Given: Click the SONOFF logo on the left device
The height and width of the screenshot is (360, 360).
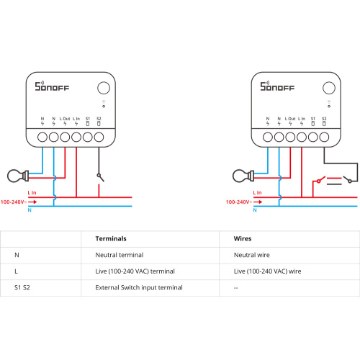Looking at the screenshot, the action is pyautogui.click(x=52, y=86).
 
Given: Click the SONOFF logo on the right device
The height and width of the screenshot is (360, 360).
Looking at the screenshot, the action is pyautogui.click(x=277, y=86).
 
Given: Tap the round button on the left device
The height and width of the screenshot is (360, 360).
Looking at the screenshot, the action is pyautogui.click(x=104, y=88).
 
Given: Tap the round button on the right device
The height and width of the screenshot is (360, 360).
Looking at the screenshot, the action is pyautogui.click(x=329, y=88).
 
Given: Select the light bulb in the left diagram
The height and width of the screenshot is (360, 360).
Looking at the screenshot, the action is pyautogui.click(x=18, y=176).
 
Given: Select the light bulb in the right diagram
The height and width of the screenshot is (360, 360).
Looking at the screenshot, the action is pyautogui.click(x=243, y=176).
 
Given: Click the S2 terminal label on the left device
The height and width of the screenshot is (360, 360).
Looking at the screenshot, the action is pyautogui.click(x=99, y=119).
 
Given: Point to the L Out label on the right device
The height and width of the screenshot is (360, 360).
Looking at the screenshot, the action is pyautogui.click(x=290, y=119).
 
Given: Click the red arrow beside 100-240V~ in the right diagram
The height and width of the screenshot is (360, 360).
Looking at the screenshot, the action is pyautogui.click(x=258, y=202).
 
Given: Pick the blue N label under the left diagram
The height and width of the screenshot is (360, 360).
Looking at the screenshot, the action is pyautogui.click(x=30, y=210).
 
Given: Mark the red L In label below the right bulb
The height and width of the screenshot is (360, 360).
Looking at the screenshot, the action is pyautogui.click(x=257, y=193).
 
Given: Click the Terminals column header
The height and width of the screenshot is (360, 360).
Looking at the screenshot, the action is pyautogui.click(x=111, y=238).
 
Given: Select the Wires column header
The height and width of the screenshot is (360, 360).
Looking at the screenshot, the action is pyautogui.click(x=243, y=238).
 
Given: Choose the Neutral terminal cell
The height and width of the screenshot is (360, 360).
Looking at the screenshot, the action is pyautogui.click(x=120, y=255).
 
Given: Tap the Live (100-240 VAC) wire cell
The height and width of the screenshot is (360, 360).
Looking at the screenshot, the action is pyautogui.click(x=267, y=271).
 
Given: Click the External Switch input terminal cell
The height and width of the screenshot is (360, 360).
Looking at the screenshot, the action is pyautogui.click(x=139, y=287).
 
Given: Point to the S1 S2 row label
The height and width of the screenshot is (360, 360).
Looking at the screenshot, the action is pyautogui.click(x=22, y=287).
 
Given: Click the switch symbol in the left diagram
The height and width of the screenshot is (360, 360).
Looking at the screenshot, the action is pyautogui.click(x=100, y=178).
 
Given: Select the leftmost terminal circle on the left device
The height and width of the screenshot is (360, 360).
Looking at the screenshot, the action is pyautogui.click(x=42, y=138).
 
